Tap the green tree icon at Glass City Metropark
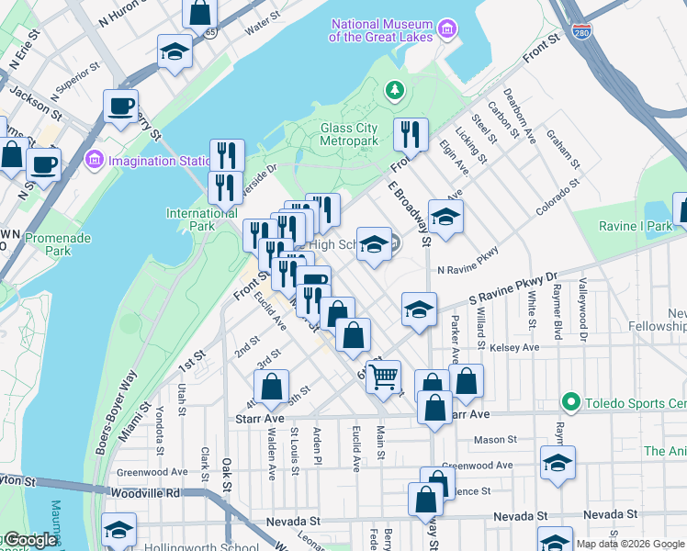tap(394, 90)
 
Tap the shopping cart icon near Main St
tap(384, 375)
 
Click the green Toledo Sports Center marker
tap(570, 403)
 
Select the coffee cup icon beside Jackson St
tap(120, 106)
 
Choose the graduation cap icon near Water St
tap(174, 51)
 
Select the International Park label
tap(201, 220)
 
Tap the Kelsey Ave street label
tap(516, 348)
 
